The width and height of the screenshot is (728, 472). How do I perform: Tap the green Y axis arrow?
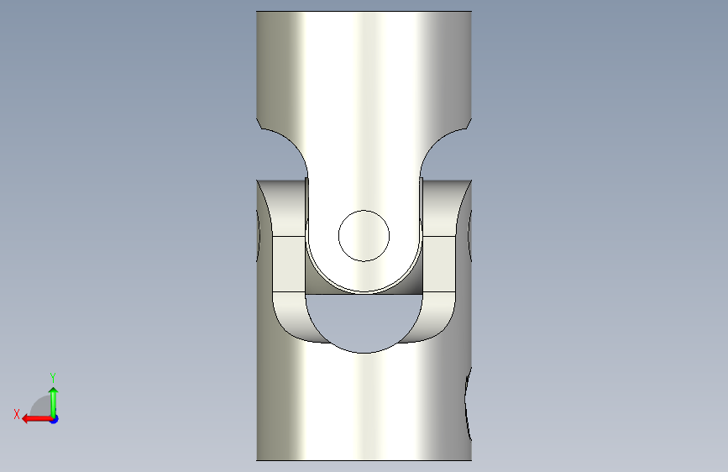tap(54, 402)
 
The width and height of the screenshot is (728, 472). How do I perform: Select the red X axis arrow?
tap(37, 418)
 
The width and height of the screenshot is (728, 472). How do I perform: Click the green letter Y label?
tap(53, 377)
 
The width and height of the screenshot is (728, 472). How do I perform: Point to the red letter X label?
tap(17, 414)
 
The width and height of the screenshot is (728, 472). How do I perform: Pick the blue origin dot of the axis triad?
tap(55, 419)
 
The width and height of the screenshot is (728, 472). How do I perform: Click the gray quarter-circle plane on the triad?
tap(42, 406)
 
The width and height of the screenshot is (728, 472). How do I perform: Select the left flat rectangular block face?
tap(289, 265)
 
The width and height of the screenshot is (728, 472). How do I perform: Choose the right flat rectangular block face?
tap(439, 265)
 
